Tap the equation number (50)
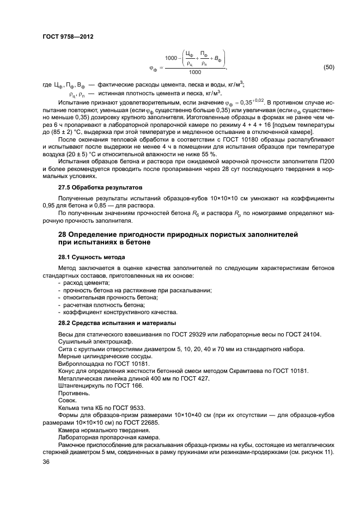pos(328,68)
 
